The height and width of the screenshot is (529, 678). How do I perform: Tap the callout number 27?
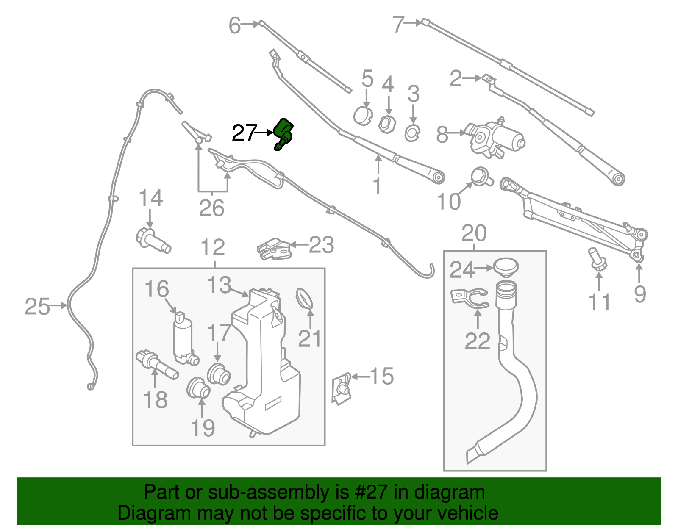coord(245,133)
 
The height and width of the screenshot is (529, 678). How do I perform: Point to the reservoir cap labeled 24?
coord(506,267)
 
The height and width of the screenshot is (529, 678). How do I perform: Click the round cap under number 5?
coord(363,116)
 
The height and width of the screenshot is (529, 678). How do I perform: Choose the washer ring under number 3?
coord(412,133)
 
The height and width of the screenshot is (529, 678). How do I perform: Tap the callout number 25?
coord(37,306)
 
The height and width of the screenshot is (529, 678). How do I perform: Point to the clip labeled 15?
coord(342,387)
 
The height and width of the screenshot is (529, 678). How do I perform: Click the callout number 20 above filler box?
coord(474,233)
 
